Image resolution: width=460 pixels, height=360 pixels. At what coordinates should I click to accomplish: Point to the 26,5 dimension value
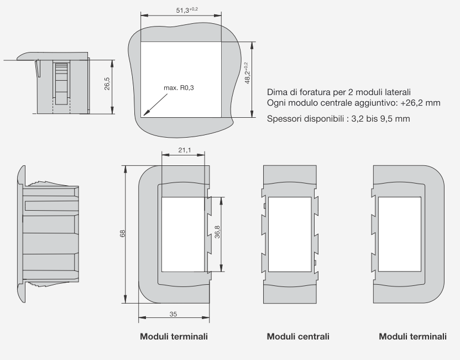click(x=107, y=85)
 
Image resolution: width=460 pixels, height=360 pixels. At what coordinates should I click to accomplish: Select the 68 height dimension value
click(x=122, y=233)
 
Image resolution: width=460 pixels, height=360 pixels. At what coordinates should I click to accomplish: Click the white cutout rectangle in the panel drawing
click(x=181, y=79)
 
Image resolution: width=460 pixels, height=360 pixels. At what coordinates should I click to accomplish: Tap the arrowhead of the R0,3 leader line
click(x=144, y=114)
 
